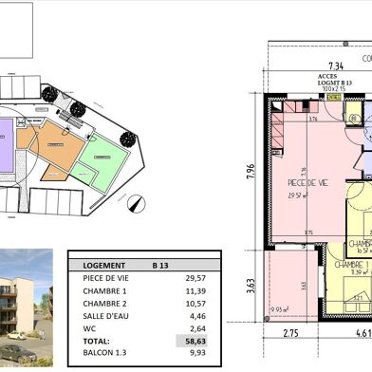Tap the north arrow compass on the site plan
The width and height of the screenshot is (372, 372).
click(x=137, y=202)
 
